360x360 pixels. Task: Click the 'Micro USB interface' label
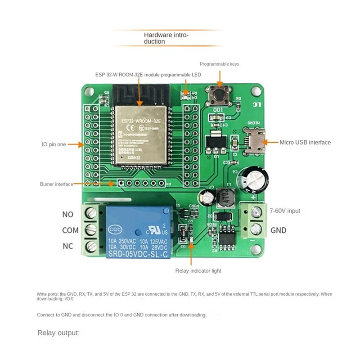305,142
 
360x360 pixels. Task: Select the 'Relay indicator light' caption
198,270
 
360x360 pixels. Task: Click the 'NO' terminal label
67,215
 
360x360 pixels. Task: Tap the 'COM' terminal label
70,230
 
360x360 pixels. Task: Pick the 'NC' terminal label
67,246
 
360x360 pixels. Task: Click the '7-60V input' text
285,211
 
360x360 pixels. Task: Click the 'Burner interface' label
56,184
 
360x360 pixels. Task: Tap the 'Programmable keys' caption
219,64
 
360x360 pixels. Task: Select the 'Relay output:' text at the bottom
58,333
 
